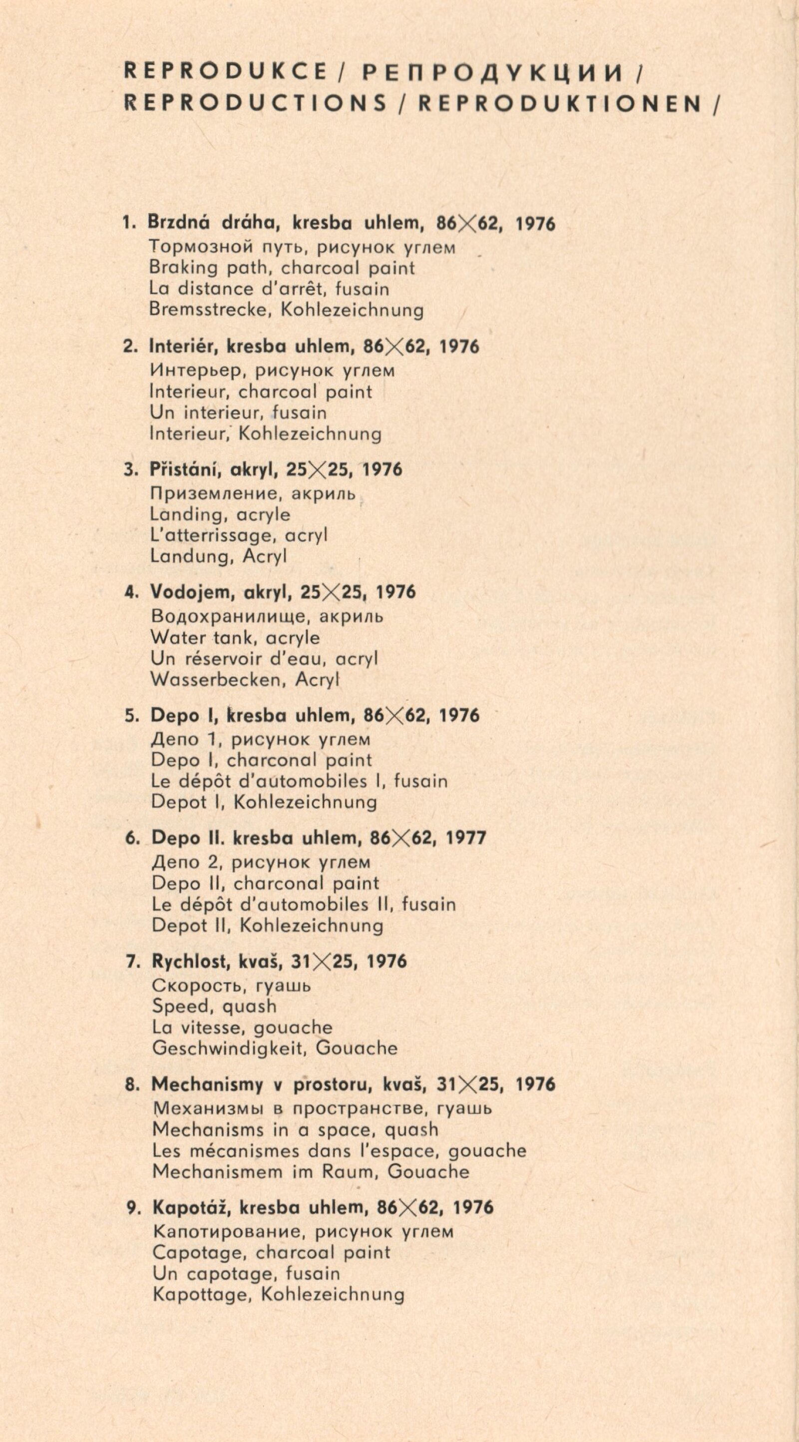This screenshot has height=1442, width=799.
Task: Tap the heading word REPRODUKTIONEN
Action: tap(560, 103)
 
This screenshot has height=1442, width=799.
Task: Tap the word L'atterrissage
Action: tap(212, 535)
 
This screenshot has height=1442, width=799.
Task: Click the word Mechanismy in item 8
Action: tap(207, 1084)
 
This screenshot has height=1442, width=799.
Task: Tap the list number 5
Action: tap(131, 716)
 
